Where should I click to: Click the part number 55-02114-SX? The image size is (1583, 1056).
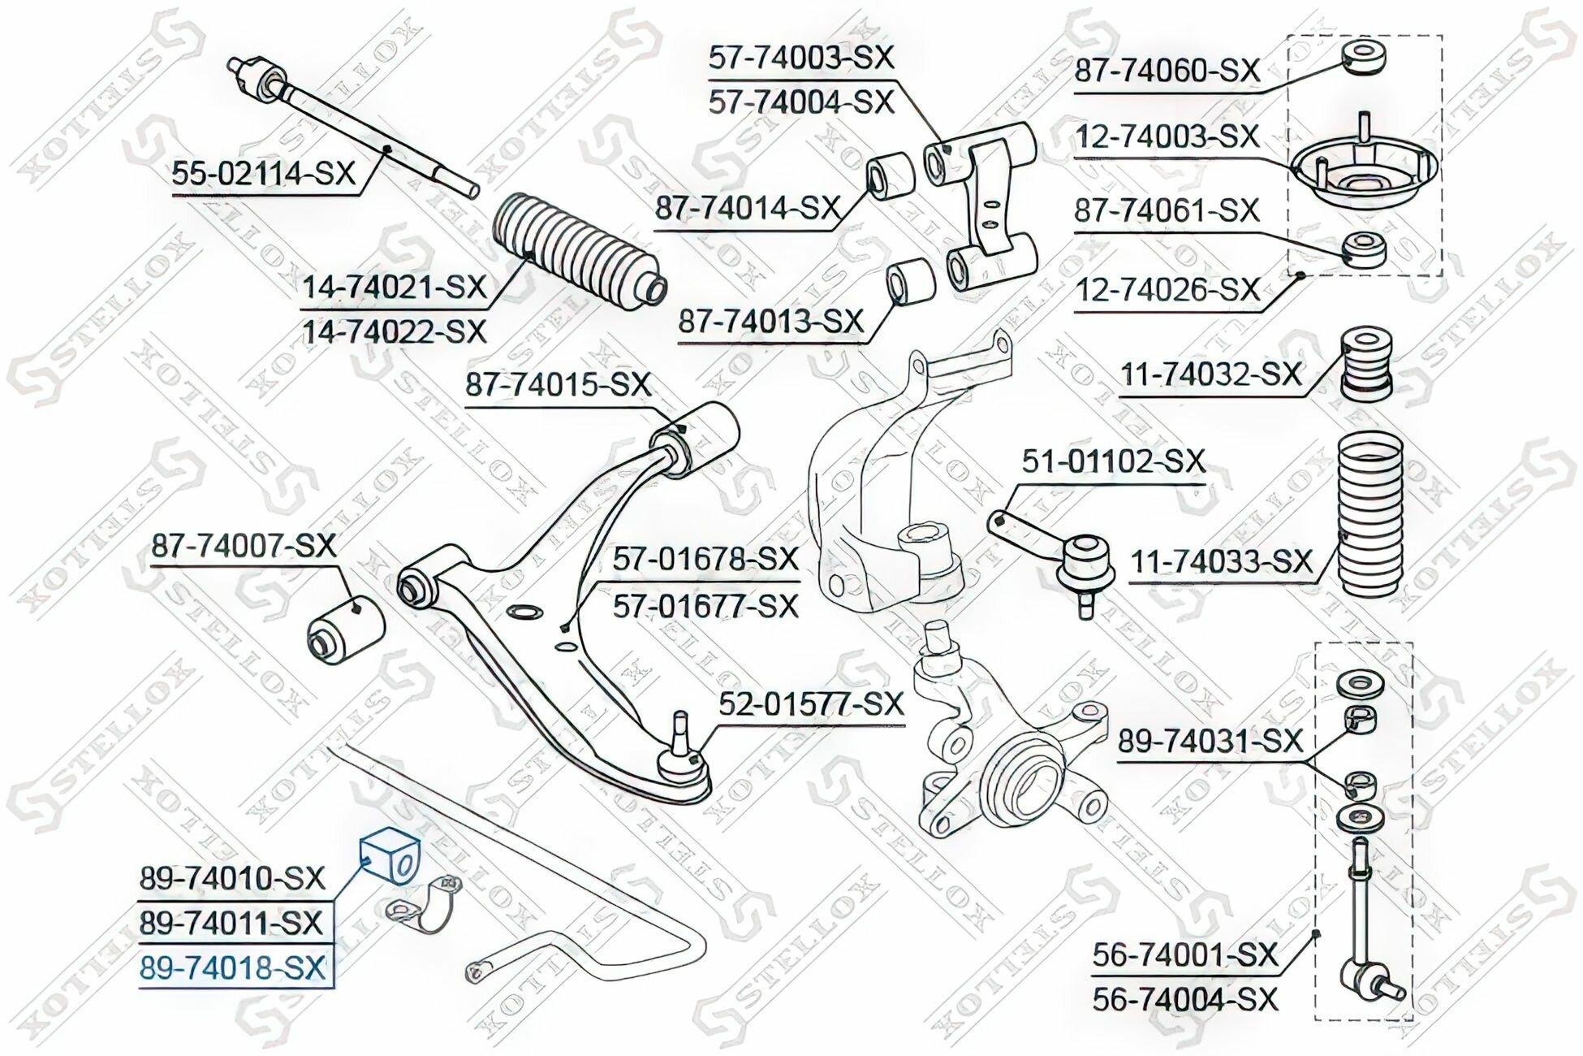264,172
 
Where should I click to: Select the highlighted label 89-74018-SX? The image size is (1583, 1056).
232,968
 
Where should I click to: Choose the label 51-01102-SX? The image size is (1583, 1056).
1113,461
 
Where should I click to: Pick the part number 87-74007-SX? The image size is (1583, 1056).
244,545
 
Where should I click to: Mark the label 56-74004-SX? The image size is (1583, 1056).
1185,998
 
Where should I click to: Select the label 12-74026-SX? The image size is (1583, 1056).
1167,289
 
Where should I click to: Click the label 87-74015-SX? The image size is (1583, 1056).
558,383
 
